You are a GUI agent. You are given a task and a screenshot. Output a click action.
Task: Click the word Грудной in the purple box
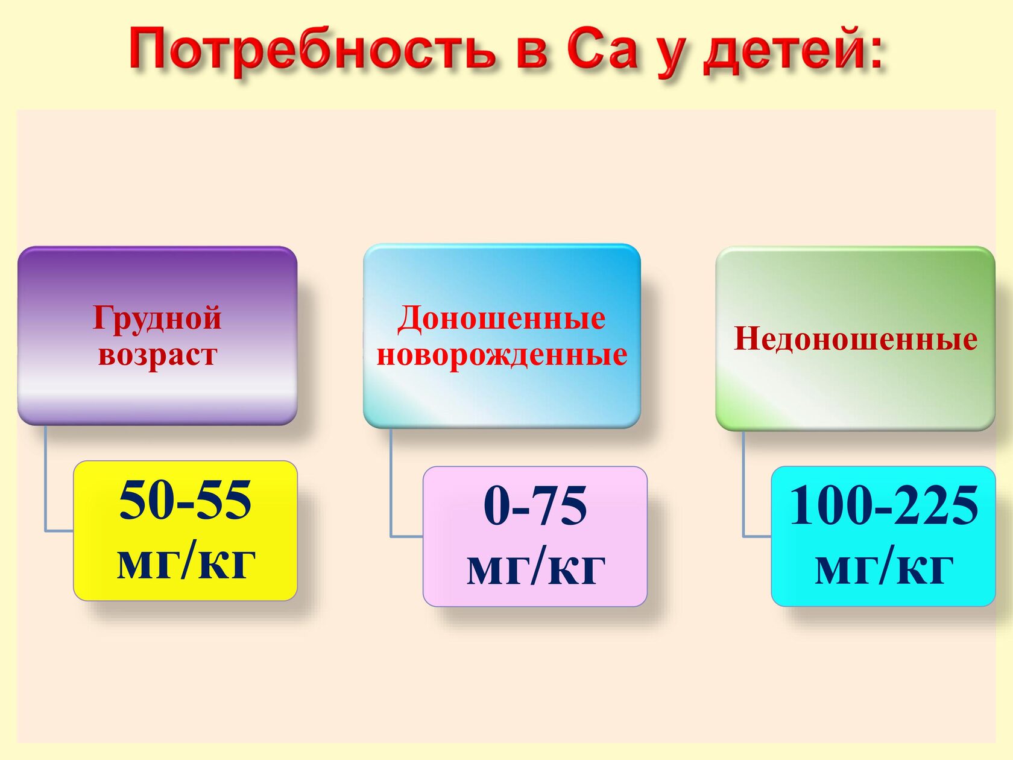157,318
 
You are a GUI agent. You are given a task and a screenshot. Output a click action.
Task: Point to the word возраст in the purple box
157,355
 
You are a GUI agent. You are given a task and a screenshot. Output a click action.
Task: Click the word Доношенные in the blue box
502,318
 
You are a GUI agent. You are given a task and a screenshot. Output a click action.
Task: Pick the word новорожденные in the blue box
502,355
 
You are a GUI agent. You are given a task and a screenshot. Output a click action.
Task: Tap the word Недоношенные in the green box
855,339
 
